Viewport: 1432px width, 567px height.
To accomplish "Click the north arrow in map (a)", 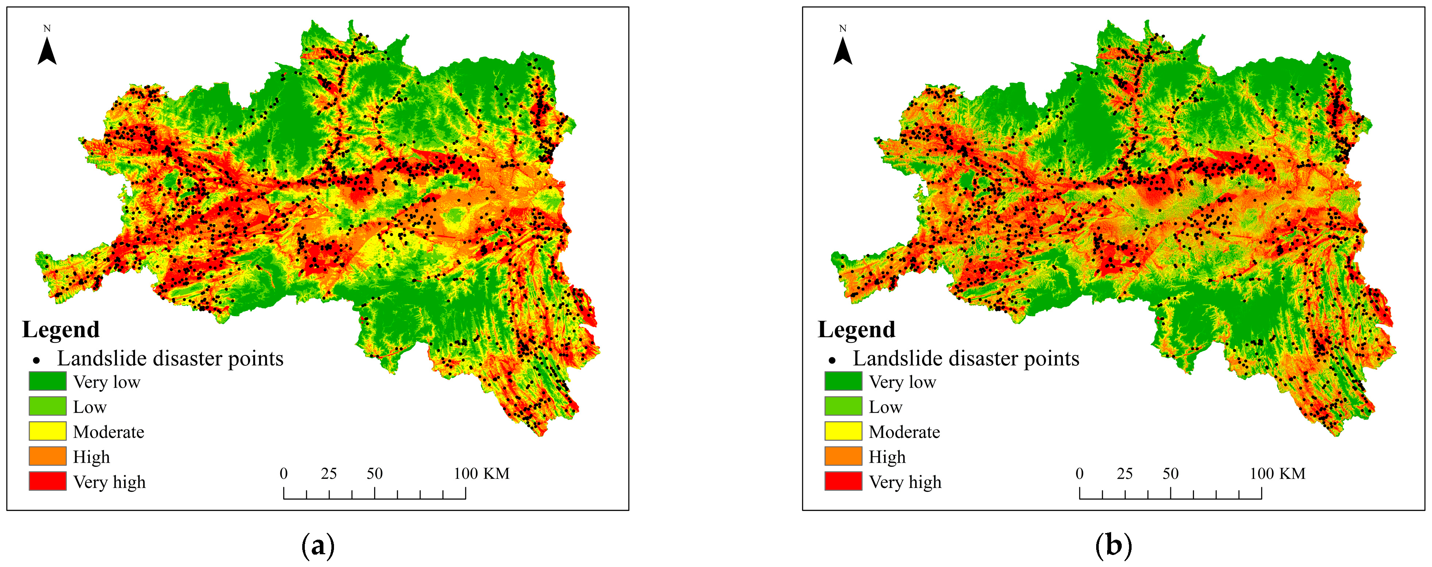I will [47, 50].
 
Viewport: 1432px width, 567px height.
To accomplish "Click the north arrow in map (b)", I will [843, 50].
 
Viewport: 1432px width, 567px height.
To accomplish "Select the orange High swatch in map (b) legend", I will [843, 456].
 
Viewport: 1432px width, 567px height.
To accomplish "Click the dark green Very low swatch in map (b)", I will [843, 381].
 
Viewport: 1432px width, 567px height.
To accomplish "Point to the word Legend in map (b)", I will [857, 329].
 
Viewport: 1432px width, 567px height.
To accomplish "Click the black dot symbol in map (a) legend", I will [37, 360].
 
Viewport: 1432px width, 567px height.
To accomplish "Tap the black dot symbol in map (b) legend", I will [832, 360].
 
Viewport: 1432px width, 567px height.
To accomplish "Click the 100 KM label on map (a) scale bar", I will [481, 474].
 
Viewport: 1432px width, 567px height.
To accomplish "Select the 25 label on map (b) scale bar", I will [1125, 474].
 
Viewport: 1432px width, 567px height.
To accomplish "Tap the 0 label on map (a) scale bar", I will [284, 474].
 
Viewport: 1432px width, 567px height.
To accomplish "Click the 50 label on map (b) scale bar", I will [1170, 474].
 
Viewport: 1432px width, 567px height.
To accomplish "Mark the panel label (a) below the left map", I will [318, 546].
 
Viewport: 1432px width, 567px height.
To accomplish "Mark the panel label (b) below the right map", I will [1113, 546].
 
